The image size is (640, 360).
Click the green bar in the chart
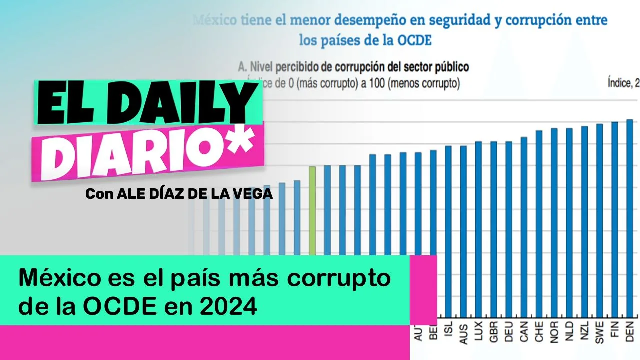(312, 210)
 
